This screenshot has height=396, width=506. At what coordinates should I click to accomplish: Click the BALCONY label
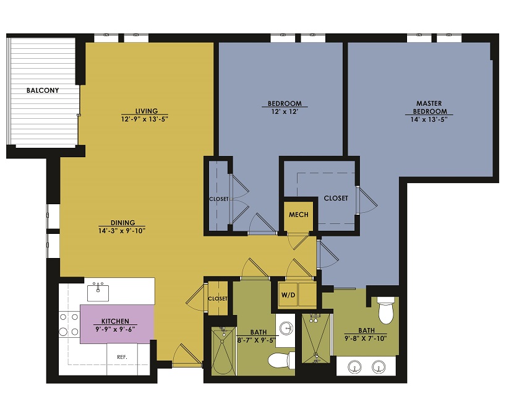(43, 90)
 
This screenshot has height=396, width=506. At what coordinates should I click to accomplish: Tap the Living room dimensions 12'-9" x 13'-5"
(145, 119)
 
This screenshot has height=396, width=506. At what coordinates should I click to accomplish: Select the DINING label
(122, 223)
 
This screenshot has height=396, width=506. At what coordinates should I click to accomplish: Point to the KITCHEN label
(115, 321)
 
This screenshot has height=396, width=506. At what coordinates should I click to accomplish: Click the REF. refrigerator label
(122, 357)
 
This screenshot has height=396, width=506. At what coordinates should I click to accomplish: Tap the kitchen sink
(98, 292)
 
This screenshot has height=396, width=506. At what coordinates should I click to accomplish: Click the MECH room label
(299, 215)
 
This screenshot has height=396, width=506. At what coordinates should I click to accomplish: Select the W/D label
(288, 295)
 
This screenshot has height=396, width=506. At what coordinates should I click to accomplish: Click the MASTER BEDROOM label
(429, 107)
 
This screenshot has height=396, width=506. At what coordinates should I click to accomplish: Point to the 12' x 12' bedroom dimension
(284, 111)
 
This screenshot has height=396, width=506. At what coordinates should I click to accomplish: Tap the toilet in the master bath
(386, 310)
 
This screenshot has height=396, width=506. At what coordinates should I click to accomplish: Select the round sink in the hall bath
(286, 328)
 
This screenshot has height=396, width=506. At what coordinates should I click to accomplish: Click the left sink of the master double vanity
(354, 368)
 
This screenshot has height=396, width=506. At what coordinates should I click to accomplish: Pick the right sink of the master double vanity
(379, 367)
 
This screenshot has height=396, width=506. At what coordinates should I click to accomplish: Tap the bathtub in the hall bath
(223, 351)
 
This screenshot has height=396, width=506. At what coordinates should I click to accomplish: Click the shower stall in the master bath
(316, 338)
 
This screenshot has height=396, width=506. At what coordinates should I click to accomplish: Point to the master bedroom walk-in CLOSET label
(336, 198)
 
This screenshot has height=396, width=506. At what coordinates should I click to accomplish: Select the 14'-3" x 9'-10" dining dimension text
(122, 231)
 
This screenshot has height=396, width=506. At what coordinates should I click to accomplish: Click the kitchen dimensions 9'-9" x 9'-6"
(115, 330)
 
